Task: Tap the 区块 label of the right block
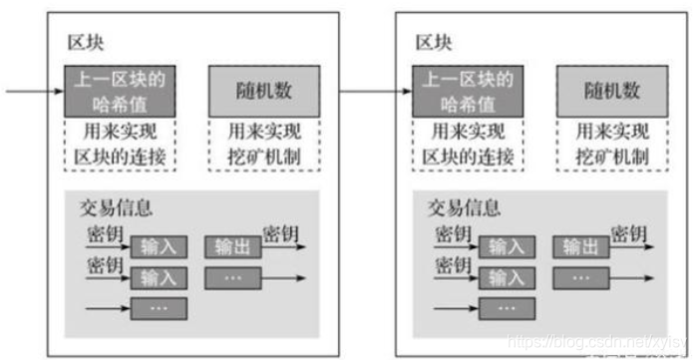click(x=433, y=43)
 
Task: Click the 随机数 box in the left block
click(x=263, y=92)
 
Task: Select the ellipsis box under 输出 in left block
click(x=233, y=277)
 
